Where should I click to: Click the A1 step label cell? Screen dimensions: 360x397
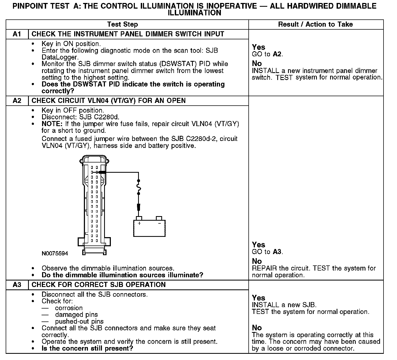click(17, 34)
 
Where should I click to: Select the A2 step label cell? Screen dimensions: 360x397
click(17, 101)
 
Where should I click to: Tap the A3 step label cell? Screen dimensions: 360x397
click(17, 285)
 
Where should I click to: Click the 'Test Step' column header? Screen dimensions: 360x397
click(122, 25)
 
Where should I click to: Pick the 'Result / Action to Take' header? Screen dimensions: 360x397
click(315, 25)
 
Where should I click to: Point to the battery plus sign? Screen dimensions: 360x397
click(139, 223)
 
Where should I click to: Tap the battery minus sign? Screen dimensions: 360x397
click(159, 223)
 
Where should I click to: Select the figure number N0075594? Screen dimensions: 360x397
click(55, 254)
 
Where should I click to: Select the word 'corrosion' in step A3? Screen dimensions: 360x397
click(69, 308)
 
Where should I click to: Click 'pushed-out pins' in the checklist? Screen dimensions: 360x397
click(79, 321)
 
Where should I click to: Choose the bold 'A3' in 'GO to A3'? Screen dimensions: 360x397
click(277, 252)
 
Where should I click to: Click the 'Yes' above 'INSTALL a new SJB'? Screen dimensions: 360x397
click(258, 298)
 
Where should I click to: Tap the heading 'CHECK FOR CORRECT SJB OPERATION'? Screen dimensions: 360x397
click(98, 285)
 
